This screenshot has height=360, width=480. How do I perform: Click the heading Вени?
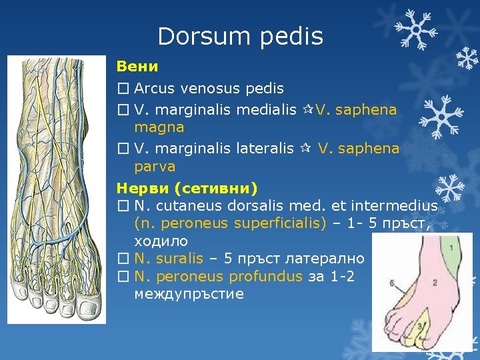137,67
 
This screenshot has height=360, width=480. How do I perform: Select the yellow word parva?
155,166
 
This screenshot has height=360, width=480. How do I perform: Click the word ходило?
161,241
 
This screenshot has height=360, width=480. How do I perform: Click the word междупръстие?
189,293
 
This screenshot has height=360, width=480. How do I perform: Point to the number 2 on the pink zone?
434,282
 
